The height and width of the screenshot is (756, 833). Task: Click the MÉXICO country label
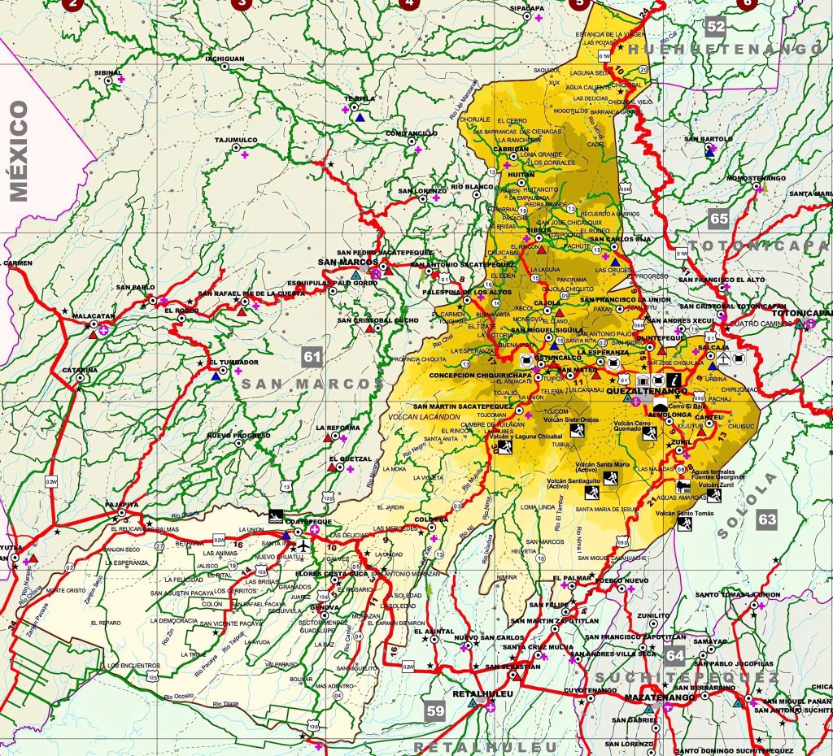pos(19,150)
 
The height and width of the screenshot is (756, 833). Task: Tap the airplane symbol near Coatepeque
pos(303,545)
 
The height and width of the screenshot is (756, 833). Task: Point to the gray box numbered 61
pos(311,355)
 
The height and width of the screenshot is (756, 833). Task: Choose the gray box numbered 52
pos(715,26)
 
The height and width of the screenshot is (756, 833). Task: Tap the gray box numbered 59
pos(436,711)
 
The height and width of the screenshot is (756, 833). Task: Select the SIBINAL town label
pos(107,72)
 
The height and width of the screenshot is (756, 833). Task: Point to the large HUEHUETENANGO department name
pos(731,49)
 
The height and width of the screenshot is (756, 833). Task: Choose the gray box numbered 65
pos(718,218)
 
